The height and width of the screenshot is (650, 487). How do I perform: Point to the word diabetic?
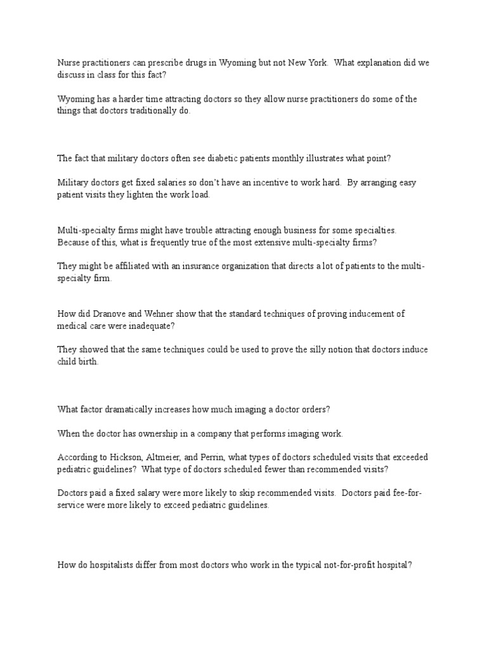204,159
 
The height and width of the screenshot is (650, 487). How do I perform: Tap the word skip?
226,493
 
